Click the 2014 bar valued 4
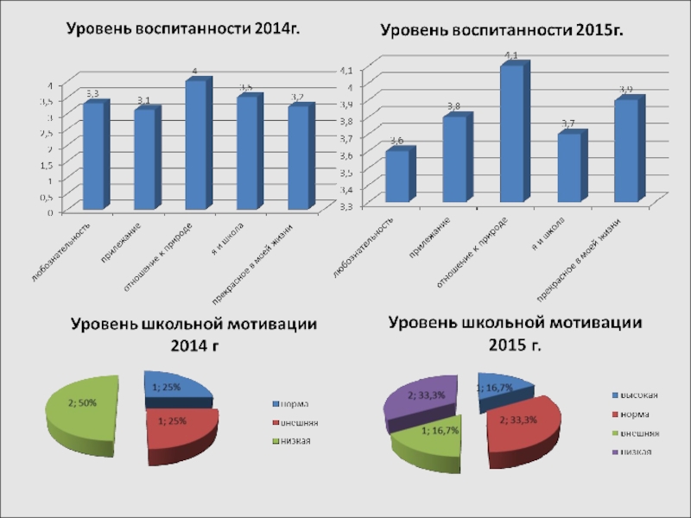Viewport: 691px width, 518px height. pos(195,145)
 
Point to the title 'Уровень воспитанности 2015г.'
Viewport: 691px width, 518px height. pos(503,30)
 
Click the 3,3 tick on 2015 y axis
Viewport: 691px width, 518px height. pos(344,206)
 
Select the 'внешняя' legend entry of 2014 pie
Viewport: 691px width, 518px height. pos(295,423)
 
